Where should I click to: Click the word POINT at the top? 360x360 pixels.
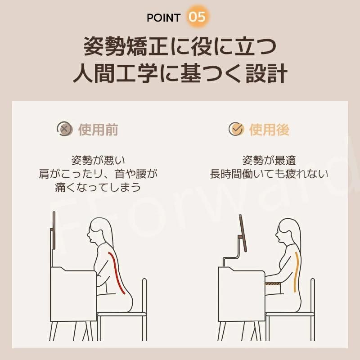[163, 18]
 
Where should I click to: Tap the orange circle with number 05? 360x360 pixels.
[197, 17]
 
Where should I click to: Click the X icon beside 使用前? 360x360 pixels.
[64, 129]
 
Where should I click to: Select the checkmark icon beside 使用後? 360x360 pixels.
[237, 129]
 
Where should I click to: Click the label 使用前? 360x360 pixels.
[98, 129]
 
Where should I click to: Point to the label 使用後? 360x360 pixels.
[269, 129]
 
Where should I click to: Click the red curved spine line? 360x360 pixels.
[117, 273]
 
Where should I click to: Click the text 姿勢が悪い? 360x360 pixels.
[98, 160]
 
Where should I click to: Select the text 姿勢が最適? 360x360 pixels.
[269, 160]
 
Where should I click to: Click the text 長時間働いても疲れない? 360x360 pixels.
[269, 174]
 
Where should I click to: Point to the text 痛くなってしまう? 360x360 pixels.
[98, 187]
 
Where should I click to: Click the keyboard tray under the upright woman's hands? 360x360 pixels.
[273, 284]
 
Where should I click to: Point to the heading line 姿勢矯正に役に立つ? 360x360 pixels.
[180, 47]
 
